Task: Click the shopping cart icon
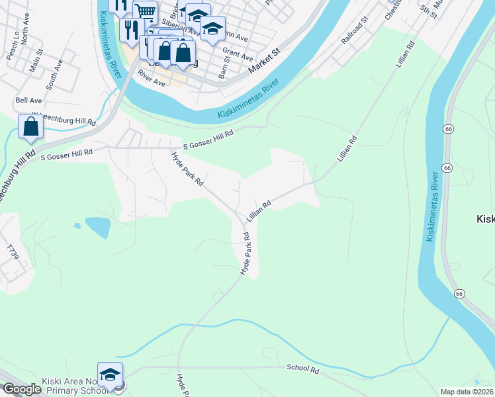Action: (145, 11)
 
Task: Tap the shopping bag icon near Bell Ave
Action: (30, 126)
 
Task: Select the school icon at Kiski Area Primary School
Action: (111, 373)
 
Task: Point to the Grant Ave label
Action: (238, 53)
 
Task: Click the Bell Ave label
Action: (28, 101)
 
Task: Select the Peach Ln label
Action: (11, 45)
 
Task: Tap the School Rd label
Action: (303, 369)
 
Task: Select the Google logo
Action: (22, 390)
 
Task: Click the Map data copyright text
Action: (467, 392)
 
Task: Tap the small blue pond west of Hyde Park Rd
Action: (97, 228)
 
